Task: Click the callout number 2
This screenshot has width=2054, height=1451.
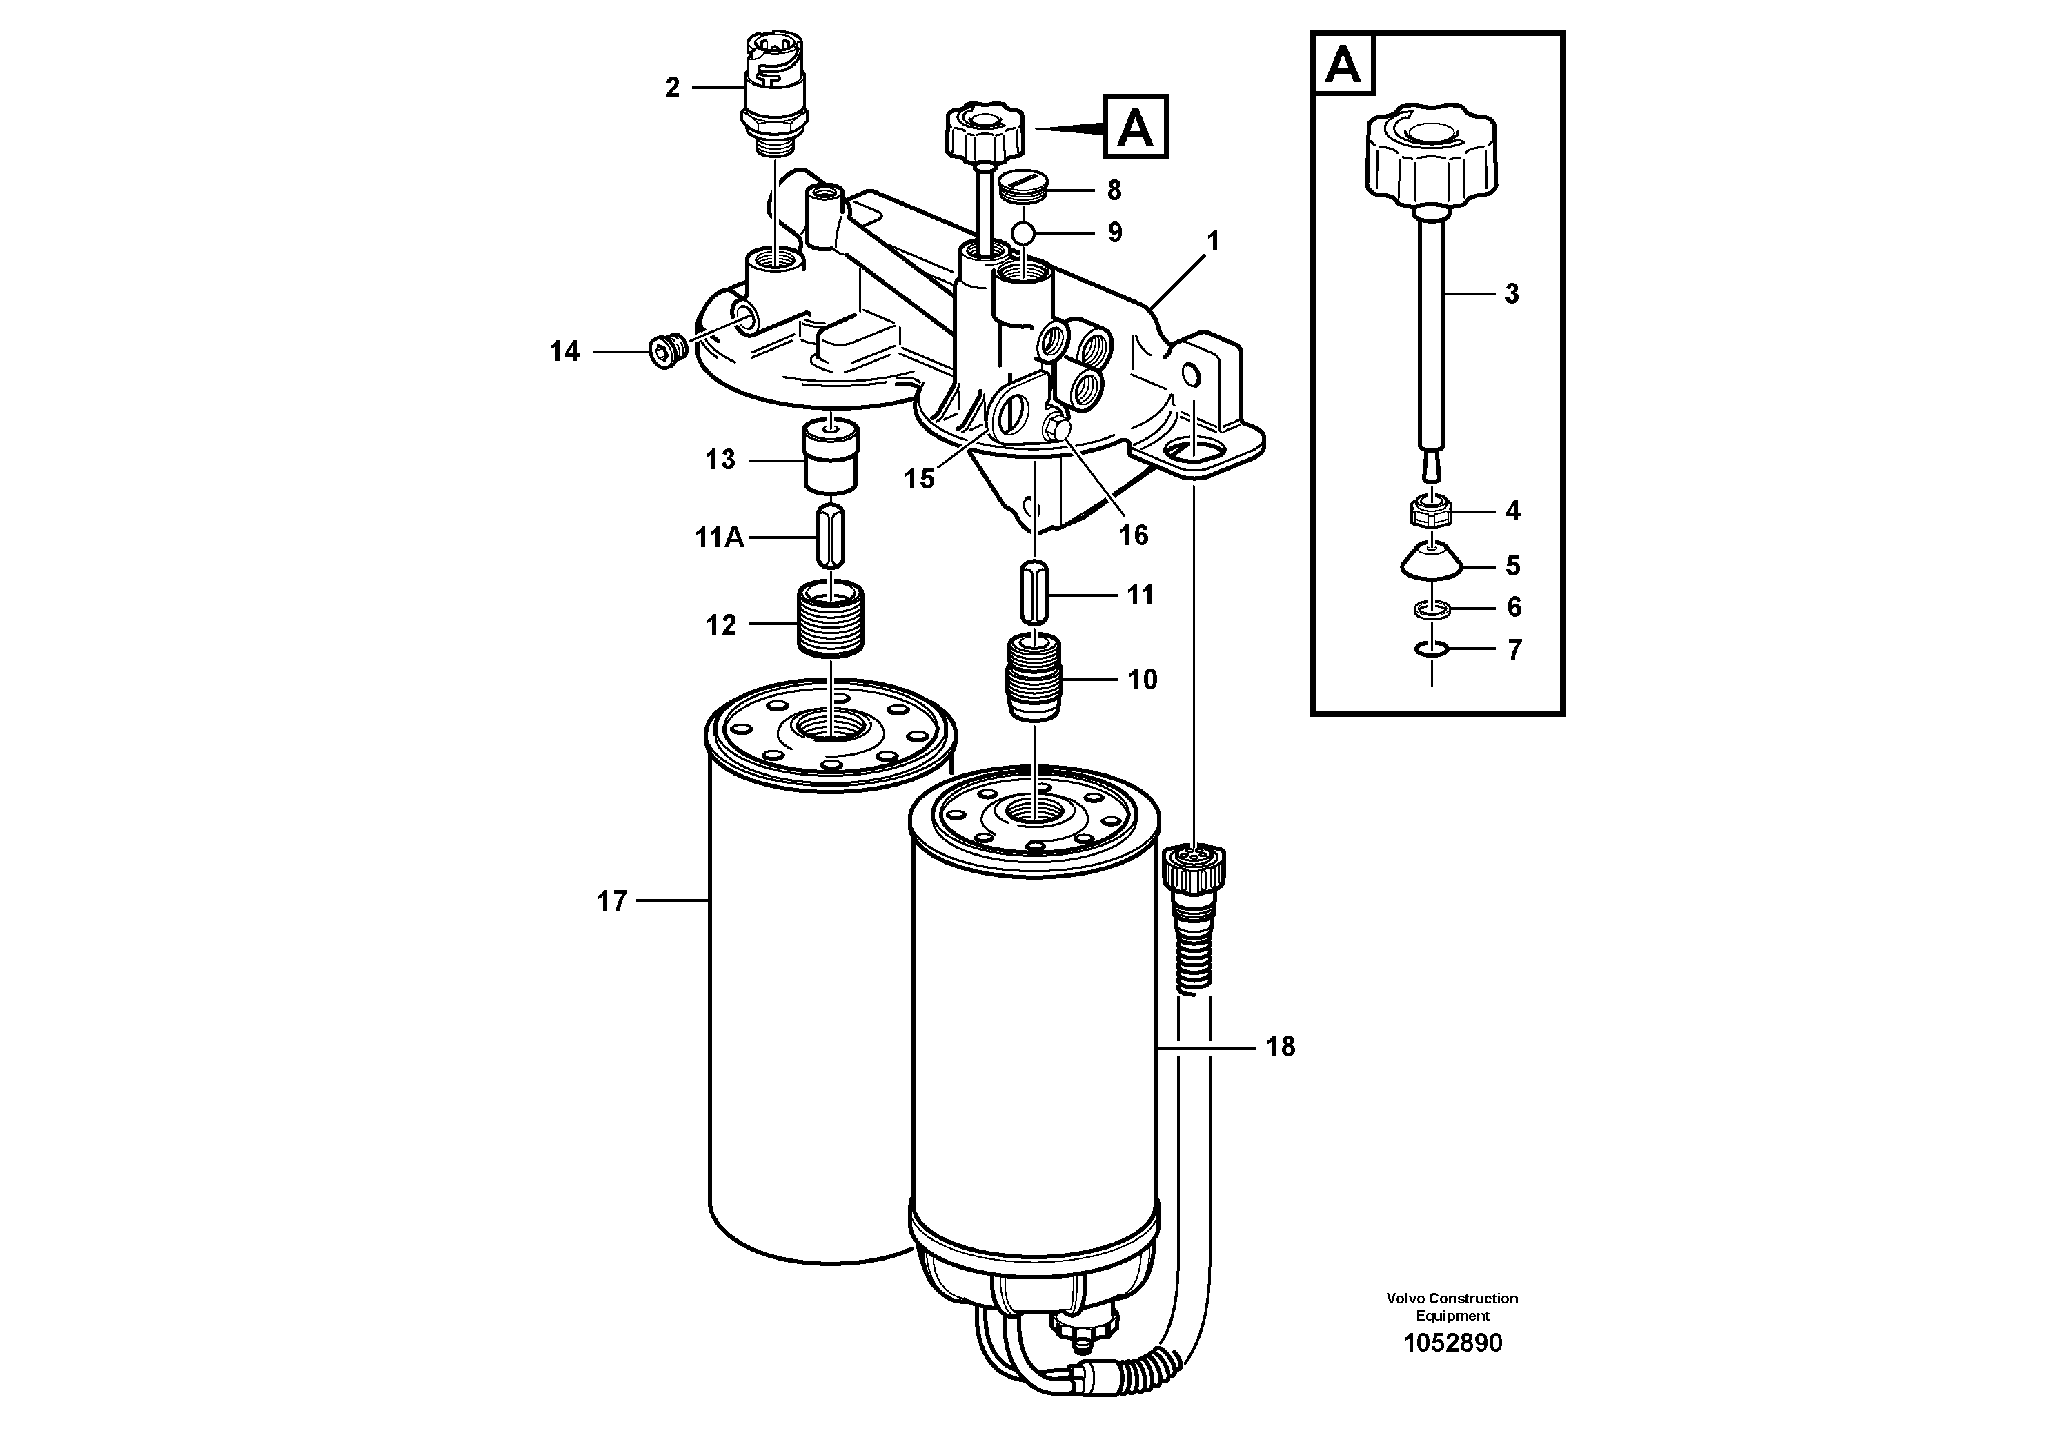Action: pyautogui.click(x=672, y=88)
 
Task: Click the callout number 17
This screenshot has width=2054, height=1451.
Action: pyautogui.click(x=612, y=901)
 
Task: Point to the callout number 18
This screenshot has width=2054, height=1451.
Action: pyautogui.click(x=1280, y=1047)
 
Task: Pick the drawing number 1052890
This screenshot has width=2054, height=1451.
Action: pyautogui.click(x=1453, y=1343)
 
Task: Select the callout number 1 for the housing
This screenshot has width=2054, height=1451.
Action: pyautogui.click(x=1212, y=241)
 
